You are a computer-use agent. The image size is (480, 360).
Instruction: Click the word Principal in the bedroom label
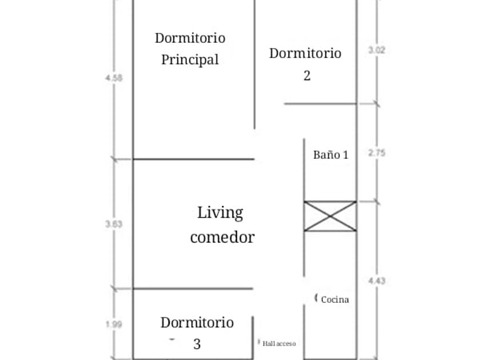click(x=190, y=59)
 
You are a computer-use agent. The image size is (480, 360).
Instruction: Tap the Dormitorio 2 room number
click(x=307, y=75)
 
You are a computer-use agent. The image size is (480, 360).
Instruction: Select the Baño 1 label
click(x=331, y=155)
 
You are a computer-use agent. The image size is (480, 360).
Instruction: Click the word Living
click(x=220, y=213)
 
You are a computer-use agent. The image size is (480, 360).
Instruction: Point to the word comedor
click(x=222, y=238)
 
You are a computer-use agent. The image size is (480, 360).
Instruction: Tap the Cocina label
click(x=335, y=299)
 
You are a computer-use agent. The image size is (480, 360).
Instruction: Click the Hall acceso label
click(x=279, y=344)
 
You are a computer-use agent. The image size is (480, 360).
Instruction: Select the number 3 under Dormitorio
click(x=197, y=344)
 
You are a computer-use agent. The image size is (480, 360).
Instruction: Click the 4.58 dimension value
click(x=114, y=78)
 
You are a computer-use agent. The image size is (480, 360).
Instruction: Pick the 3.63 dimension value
click(x=114, y=224)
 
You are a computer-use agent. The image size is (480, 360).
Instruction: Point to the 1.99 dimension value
click(x=114, y=324)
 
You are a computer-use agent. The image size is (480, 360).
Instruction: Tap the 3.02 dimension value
click(x=377, y=50)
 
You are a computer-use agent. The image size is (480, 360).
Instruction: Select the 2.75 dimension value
click(x=377, y=153)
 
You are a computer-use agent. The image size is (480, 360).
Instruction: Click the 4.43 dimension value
click(x=377, y=281)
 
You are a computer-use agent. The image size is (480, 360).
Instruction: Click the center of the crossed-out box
click(x=330, y=216)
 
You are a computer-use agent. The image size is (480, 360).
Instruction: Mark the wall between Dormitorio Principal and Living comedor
click(x=194, y=159)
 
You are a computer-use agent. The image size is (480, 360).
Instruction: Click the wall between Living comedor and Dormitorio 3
click(x=193, y=289)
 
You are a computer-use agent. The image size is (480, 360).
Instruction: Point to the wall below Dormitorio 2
click(x=321, y=104)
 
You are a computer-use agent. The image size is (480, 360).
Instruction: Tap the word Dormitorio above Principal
click(x=190, y=38)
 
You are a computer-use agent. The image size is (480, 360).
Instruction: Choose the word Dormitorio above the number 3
click(x=197, y=323)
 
